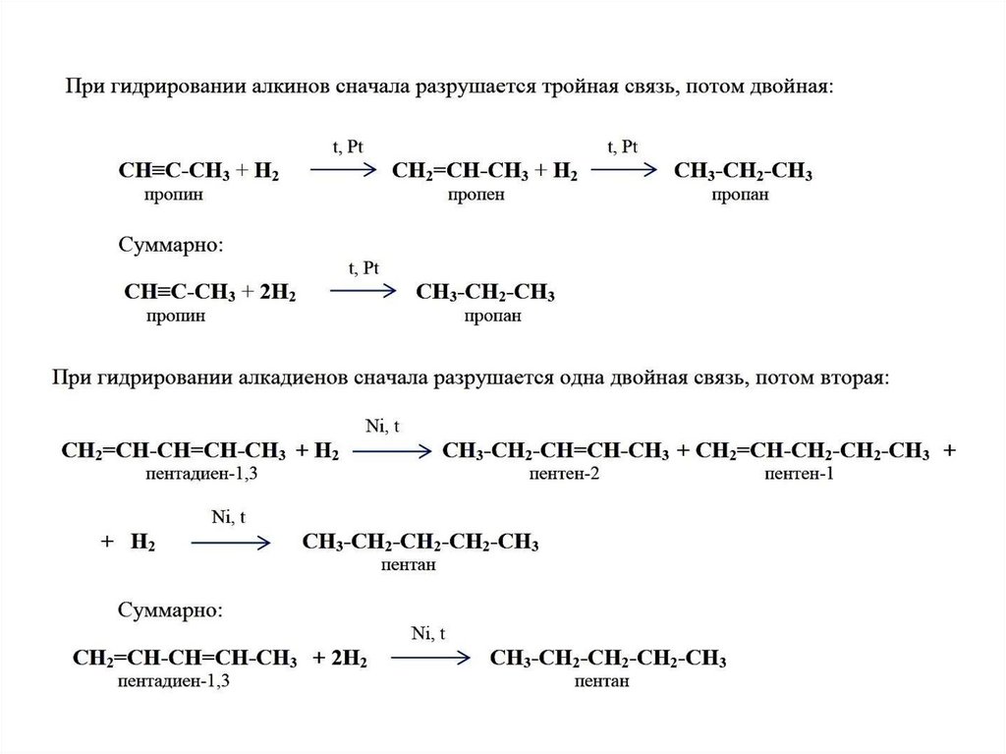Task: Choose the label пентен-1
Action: [x=803, y=475]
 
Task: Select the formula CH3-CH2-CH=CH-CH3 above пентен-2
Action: [x=556, y=451]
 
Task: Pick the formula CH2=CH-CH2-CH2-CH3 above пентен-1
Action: [x=811, y=451]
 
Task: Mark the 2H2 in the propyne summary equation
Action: [x=277, y=293]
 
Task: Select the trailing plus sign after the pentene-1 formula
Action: [x=949, y=451]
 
